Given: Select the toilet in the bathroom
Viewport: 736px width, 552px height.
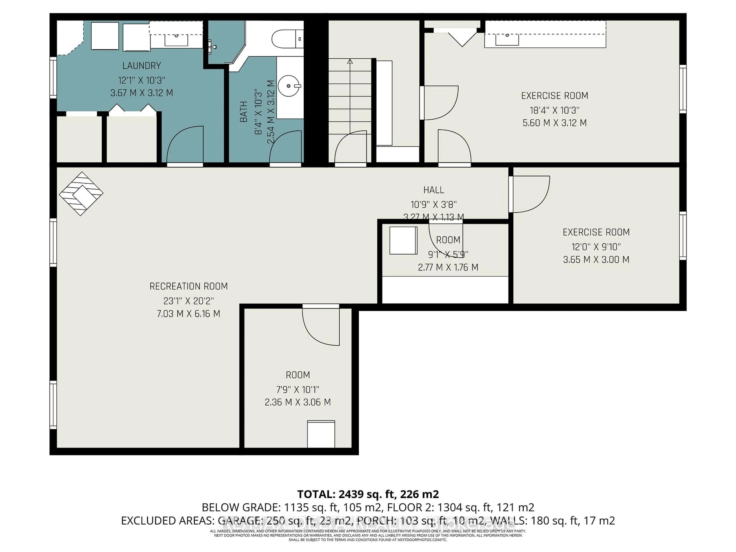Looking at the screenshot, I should click(x=287, y=39).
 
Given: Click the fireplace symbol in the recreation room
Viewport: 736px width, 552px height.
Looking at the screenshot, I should click(x=81, y=194).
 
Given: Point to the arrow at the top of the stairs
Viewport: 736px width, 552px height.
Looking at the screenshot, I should click(x=350, y=62).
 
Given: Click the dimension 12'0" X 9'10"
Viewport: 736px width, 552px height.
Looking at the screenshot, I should click(x=596, y=247).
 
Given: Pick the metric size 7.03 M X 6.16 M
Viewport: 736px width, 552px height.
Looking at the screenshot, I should click(x=188, y=314).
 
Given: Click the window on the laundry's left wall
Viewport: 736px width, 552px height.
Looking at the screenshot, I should click(x=53, y=77).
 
